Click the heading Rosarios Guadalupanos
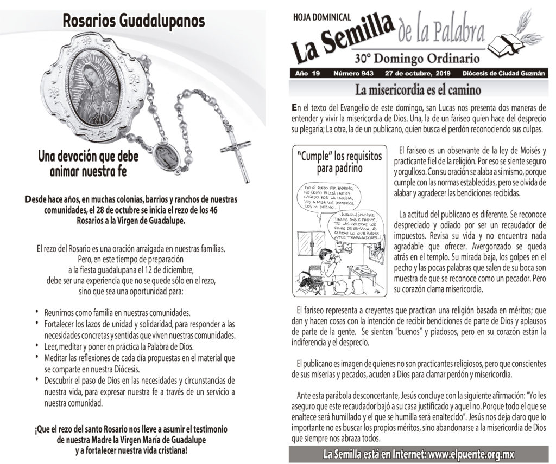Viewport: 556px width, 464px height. pos(134,21)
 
